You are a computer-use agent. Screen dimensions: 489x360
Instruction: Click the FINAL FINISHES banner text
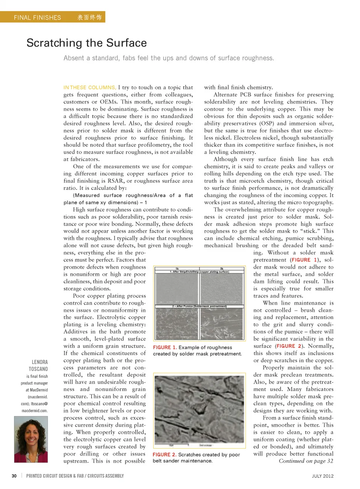pyautogui.click(x=37, y=17)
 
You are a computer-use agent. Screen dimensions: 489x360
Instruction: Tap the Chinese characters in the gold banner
pyautogui.click(x=89, y=17)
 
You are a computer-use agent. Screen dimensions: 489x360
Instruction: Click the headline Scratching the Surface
pyautogui.click(x=87, y=43)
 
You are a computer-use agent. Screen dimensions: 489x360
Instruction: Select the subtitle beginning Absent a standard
pyautogui.click(x=169, y=58)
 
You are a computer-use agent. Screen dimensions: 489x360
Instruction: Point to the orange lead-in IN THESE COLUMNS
pyautogui.click(x=90, y=87)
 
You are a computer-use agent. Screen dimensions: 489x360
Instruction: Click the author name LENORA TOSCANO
pyautogui.click(x=39, y=365)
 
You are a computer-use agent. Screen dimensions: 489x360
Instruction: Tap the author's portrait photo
pyautogui.click(x=31, y=439)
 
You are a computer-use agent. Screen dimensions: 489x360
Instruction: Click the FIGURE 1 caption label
pyautogui.click(x=165, y=347)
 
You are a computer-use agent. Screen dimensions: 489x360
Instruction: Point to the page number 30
pyautogui.click(x=14, y=476)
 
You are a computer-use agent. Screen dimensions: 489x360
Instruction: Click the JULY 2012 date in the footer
pyautogui.click(x=322, y=476)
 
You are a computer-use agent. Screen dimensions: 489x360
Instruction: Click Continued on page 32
pyautogui.click(x=306, y=461)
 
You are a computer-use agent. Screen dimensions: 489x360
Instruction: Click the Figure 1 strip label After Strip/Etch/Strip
pyautogui.click(x=199, y=272)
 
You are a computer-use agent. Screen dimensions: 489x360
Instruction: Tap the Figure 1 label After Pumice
pyautogui.click(x=199, y=306)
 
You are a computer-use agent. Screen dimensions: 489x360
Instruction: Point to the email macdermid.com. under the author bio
pyautogui.click(x=34, y=410)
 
